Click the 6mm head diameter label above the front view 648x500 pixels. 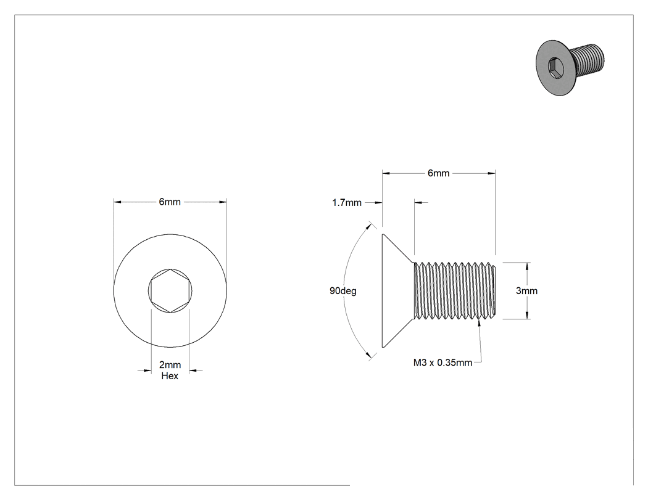tap(170, 202)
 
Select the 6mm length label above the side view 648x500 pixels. tap(438, 173)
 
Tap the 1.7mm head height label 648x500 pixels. tap(347, 203)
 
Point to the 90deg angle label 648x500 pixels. tap(343, 290)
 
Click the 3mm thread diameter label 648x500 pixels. tap(526, 290)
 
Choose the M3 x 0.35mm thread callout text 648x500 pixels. tap(442, 363)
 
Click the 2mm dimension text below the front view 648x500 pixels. tap(170, 365)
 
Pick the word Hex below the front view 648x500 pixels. tap(170, 375)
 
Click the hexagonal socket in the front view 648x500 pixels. tap(170, 290)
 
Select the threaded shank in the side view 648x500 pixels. tap(454, 290)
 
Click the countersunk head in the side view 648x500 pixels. tap(397, 290)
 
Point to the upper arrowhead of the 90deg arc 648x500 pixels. tap(368, 226)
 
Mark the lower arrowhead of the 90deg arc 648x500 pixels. tap(368, 355)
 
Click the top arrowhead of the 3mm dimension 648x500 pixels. tap(527, 266)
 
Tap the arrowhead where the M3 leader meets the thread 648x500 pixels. tap(480, 323)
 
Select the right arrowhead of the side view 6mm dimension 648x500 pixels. tap(491, 173)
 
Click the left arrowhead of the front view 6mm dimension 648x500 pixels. tap(118, 202)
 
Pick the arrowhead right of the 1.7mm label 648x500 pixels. tap(378, 203)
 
